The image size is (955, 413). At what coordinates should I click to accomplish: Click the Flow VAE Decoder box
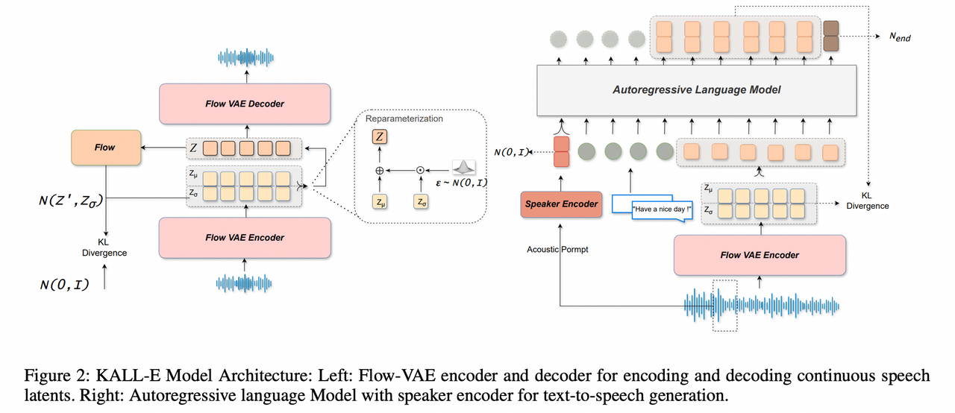[245, 104]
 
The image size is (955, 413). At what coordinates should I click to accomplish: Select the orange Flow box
[104, 148]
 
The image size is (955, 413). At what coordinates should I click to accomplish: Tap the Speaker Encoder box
[561, 204]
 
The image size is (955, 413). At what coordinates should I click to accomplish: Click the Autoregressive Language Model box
[696, 89]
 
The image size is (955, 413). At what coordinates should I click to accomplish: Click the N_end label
[900, 37]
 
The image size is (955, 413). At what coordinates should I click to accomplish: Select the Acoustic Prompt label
[557, 249]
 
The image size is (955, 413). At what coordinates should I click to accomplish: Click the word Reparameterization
[404, 119]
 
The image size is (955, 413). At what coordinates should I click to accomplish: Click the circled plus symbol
[379, 170]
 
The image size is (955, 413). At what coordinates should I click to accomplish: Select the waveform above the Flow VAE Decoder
[245, 57]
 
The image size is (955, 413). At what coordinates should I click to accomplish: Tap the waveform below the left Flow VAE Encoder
[245, 283]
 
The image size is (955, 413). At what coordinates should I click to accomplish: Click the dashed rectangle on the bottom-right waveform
[724, 306]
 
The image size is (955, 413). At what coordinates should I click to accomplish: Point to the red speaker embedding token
[561, 151]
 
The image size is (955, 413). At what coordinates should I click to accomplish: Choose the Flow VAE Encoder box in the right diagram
[759, 255]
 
